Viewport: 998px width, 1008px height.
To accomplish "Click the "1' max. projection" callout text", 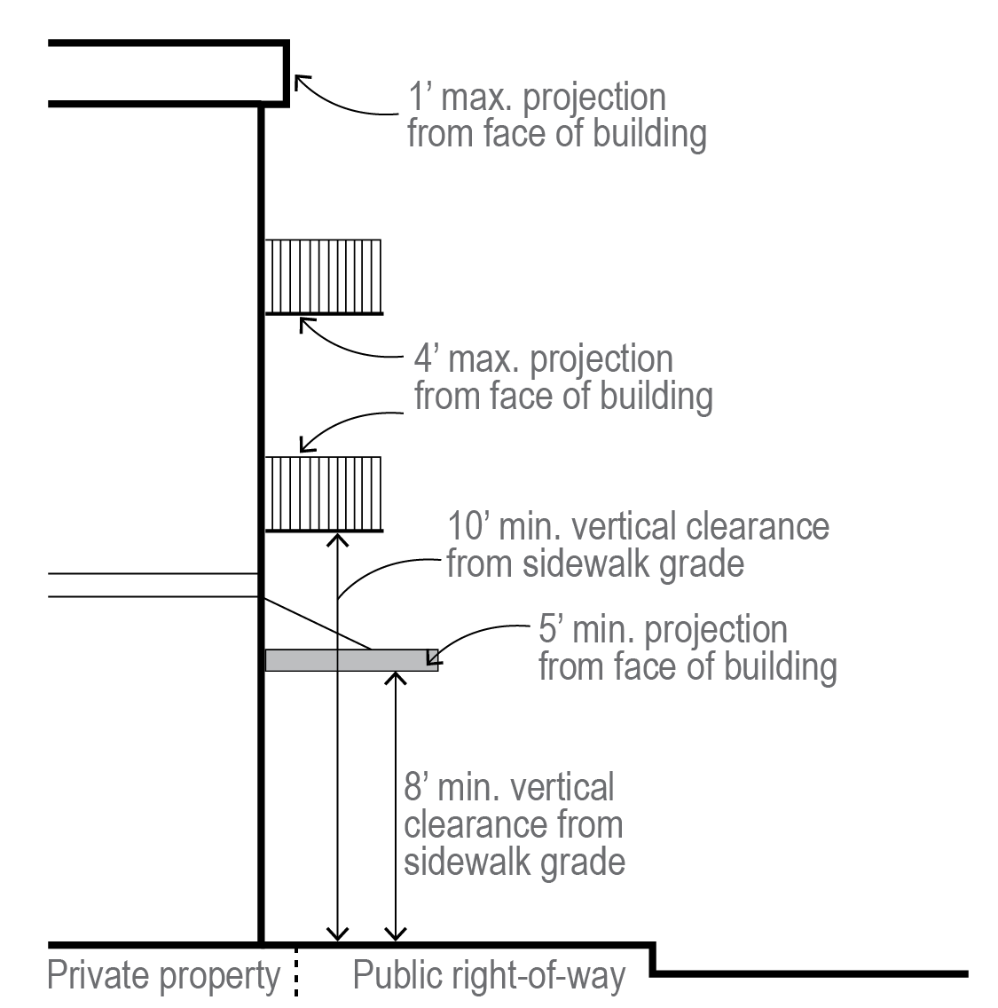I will pyautogui.click(x=536, y=98).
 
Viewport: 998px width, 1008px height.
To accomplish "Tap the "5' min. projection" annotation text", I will pyautogui.click(x=663, y=630).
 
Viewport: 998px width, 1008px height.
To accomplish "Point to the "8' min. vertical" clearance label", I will pyautogui.click(x=509, y=788).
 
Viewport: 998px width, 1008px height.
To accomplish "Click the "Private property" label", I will pyautogui.click(x=163, y=976).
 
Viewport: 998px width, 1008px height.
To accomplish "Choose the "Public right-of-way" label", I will pyautogui.click(x=489, y=976).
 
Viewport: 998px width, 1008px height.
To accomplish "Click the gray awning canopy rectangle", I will pyautogui.click(x=351, y=659).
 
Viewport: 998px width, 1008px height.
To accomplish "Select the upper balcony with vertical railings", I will pyautogui.click(x=324, y=276).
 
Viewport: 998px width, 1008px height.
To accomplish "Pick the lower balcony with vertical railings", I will pyautogui.click(x=324, y=493).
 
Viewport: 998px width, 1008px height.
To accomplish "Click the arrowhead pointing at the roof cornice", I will pyautogui.click(x=301, y=81).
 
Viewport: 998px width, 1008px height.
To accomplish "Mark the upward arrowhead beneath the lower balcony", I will pyautogui.click(x=337, y=538).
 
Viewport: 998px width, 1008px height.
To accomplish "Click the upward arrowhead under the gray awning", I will pyautogui.click(x=395, y=678).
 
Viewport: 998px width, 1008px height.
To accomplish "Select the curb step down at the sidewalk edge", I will pyautogui.click(x=654, y=959).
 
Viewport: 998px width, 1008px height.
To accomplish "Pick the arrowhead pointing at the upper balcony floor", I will pyautogui.click(x=305, y=323).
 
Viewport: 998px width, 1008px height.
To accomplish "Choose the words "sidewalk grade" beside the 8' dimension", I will pyautogui.click(x=515, y=862).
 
